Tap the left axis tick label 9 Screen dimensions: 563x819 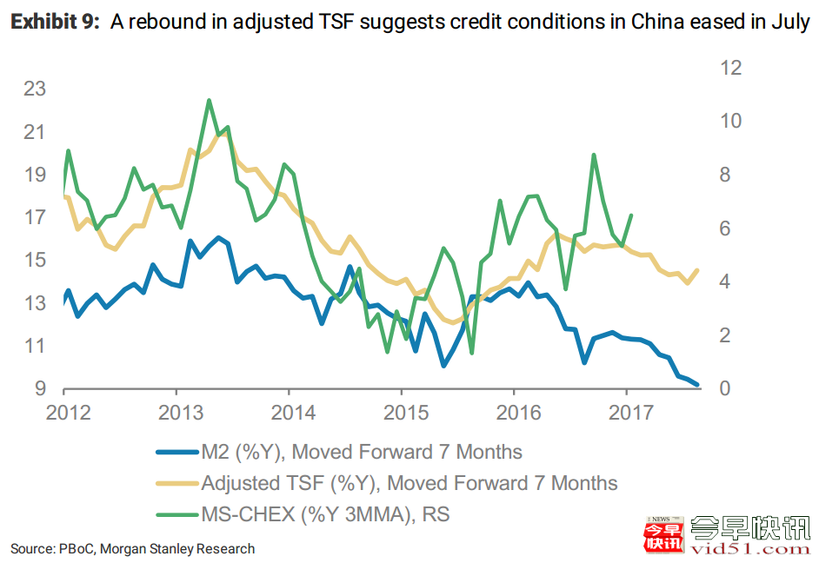click(x=40, y=388)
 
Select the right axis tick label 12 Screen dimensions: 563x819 click(x=729, y=68)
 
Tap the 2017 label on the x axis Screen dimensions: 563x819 click(x=627, y=411)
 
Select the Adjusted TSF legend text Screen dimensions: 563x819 click(x=409, y=484)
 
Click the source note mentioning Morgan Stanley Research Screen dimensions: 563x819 click(x=132, y=548)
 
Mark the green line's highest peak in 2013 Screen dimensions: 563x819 click(x=210, y=100)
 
